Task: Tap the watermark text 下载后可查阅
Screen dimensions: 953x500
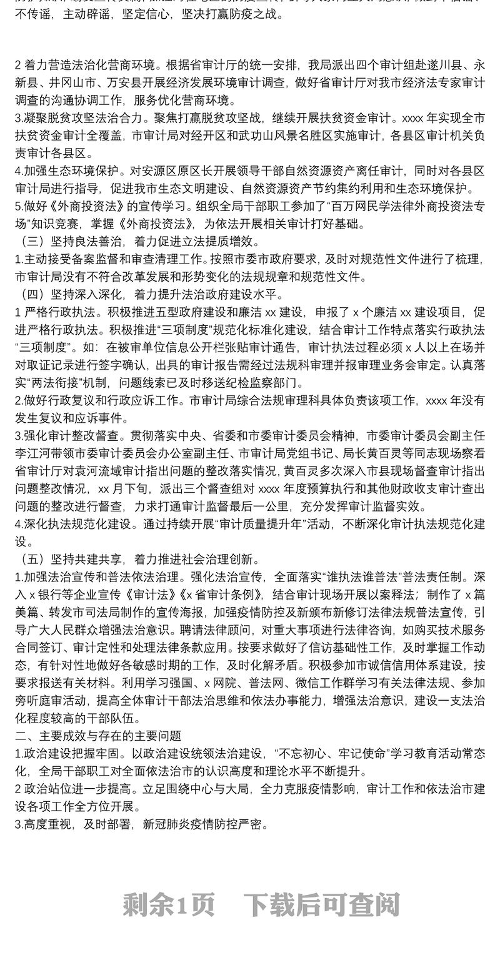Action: [321, 903]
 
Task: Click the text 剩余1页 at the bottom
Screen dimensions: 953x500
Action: [169, 903]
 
